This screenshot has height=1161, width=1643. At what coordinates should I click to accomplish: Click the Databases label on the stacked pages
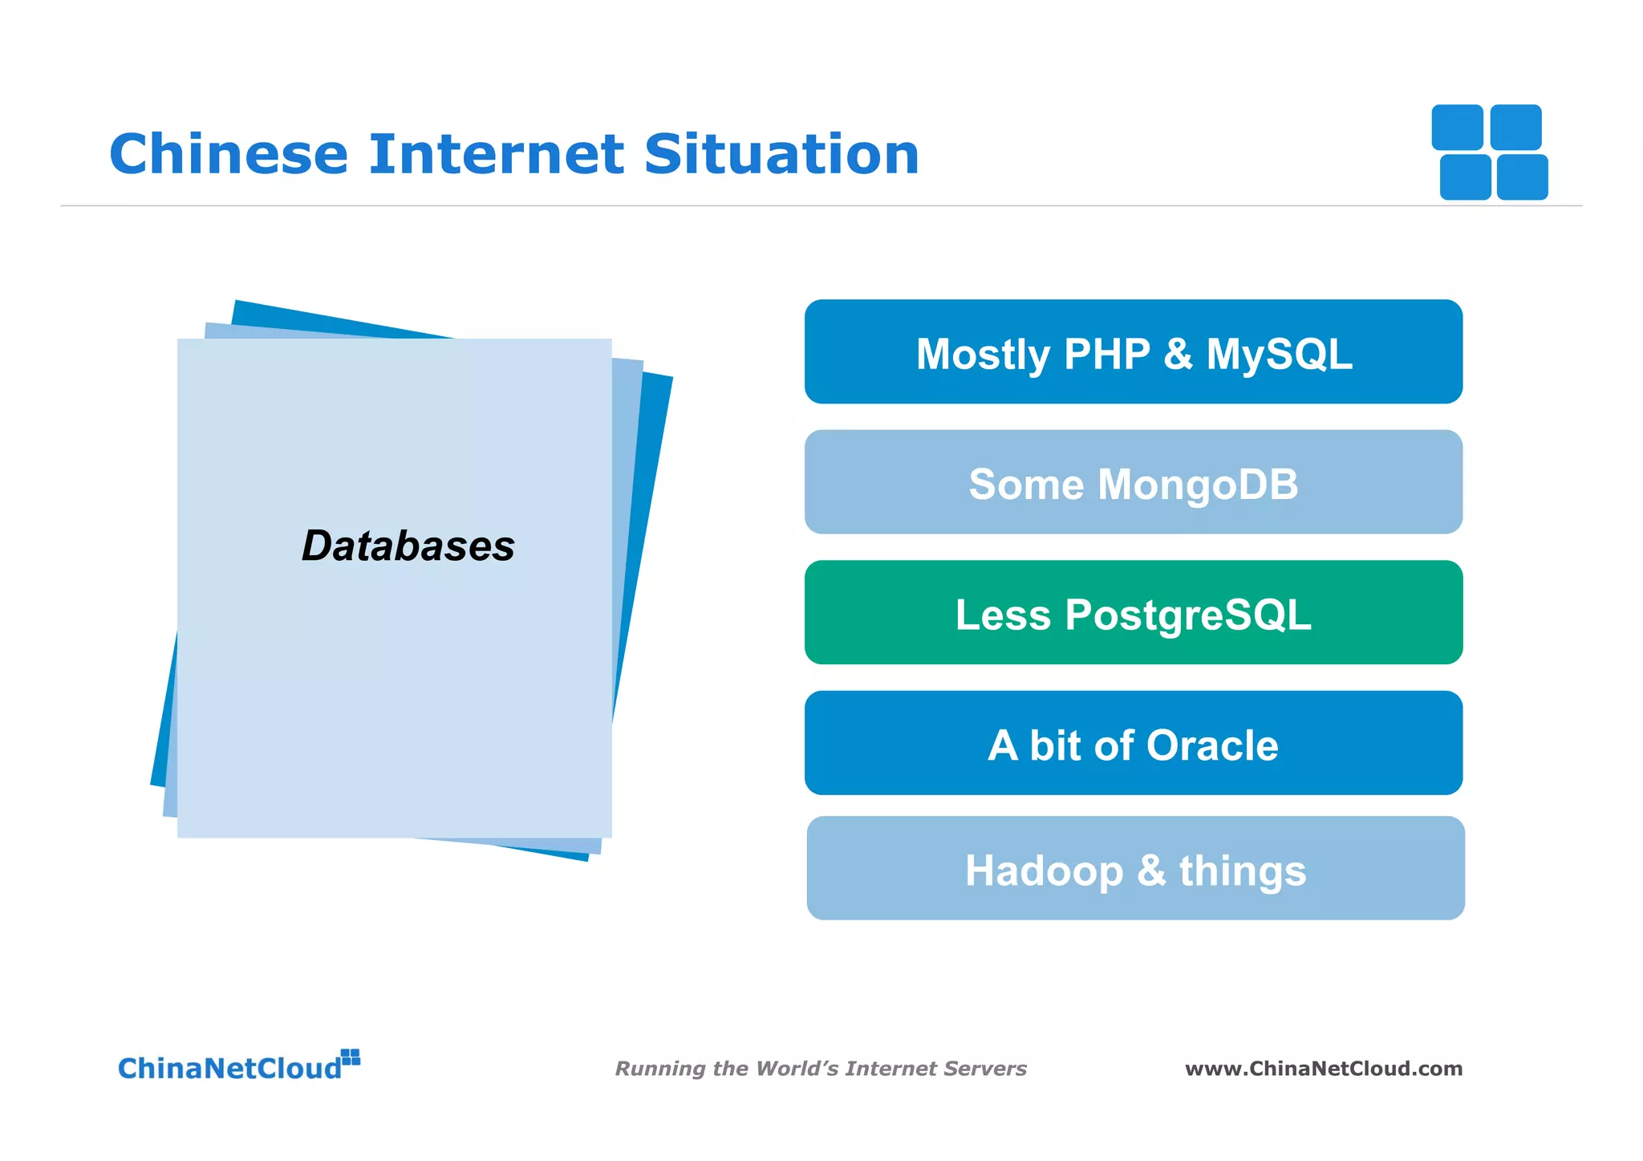(408, 546)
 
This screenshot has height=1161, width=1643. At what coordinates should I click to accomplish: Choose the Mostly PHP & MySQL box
(1133, 352)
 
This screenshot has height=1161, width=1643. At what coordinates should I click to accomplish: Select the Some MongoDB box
(1133, 482)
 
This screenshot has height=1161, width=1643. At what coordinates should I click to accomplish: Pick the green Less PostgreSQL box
(1133, 613)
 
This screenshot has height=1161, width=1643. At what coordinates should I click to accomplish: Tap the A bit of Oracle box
(1133, 744)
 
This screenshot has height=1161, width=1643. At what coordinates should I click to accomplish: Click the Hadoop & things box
(1134, 869)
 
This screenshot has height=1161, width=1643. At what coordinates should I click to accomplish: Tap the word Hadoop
(1044, 871)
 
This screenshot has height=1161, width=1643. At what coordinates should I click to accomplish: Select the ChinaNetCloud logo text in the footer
(229, 1069)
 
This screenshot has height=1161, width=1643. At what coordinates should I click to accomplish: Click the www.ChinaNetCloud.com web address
(1323, 1069)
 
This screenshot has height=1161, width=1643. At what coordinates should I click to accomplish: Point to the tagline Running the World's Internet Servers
(820, 1069)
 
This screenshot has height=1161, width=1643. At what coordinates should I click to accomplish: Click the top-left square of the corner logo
(1457, 127)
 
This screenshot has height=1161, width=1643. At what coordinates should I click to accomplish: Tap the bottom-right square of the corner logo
(1522, 177)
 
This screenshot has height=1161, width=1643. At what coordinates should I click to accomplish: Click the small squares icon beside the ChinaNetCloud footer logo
(351, 1057)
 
